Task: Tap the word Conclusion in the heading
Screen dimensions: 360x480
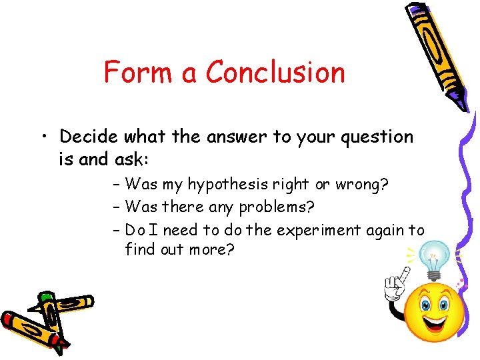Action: click(x=275, y=72)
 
